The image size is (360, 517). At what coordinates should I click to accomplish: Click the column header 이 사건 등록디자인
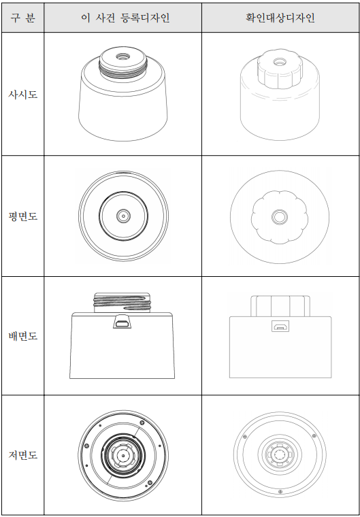pyautogui.click(x=125, y=18)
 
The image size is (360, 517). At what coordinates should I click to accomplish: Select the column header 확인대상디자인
pyautogui.click(x=280, y=18)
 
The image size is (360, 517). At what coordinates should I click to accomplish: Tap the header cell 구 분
pyautogui.click(x=22, y=18)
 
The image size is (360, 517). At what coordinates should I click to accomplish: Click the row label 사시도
pyautogui.click(x=22, y=95)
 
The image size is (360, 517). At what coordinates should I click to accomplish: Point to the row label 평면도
pyautogui.click(x=22, y=216)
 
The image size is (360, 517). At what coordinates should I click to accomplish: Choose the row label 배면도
pyautogui.click(x=22, y=336)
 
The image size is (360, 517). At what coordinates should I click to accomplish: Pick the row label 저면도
pyautogui.click(x=22, y=455)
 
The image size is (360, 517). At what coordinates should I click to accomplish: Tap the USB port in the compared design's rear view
pyautogui.click(x=280, y=326)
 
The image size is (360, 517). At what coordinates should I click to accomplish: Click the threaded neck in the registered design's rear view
pyautogui.click(x=122, y=302)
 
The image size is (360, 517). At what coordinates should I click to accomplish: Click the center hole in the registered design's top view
pyautogui.click(x=123, y=216)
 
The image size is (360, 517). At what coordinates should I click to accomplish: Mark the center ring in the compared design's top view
pyautogui.click(x=280, y=217)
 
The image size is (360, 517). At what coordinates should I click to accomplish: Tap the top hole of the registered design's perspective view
pyautogui.click(x=122, y=56)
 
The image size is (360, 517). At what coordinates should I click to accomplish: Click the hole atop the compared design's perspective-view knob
pyautogui.click(x=280, y=62)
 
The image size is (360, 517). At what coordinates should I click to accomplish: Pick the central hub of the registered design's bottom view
pyautogui.click(x=123, y=456)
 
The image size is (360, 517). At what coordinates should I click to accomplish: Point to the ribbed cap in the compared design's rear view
pyautogui.click(x=280, y=306)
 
